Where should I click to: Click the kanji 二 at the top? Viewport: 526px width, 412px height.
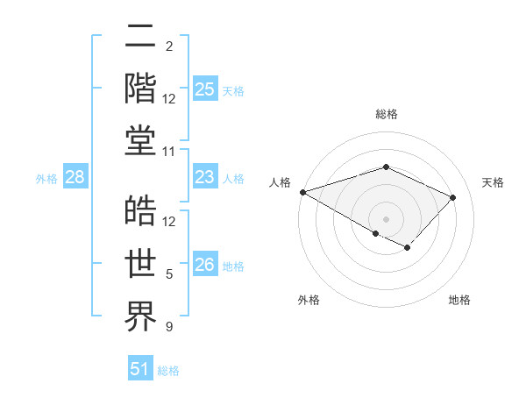click(141, 38)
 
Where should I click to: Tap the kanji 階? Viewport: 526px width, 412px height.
click(141, 89)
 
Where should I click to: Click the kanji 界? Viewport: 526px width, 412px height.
click(141, 316)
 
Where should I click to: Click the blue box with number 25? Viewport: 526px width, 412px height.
click(205, 89)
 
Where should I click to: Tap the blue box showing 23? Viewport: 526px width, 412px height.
click(205, 178)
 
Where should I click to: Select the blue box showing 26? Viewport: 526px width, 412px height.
click(205, 265)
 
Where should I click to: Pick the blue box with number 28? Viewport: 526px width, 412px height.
click(75, 178)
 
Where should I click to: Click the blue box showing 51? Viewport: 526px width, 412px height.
click(140, 369)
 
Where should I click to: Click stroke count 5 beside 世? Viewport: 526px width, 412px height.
click(169, 275)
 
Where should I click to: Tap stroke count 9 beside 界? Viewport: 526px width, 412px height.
click(169, 328)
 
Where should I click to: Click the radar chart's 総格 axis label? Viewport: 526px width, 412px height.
click(386, 114)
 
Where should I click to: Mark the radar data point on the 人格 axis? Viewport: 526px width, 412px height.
click(302, 192)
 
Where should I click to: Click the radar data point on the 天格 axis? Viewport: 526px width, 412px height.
click(453, 197)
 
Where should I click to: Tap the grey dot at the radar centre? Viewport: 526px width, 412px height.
click(386, 218)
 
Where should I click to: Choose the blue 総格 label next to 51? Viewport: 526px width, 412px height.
click(168, 371)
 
